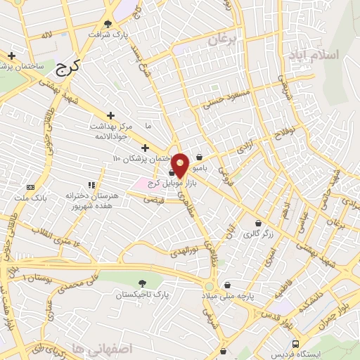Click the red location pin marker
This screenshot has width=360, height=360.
click(180, 165)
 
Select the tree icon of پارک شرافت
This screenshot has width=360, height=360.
click(108, 23)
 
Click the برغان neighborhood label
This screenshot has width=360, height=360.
click(224, 41)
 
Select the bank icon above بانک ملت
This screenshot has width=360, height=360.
click(31, 187)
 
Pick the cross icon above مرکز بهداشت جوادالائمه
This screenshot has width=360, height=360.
click(110, 115)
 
